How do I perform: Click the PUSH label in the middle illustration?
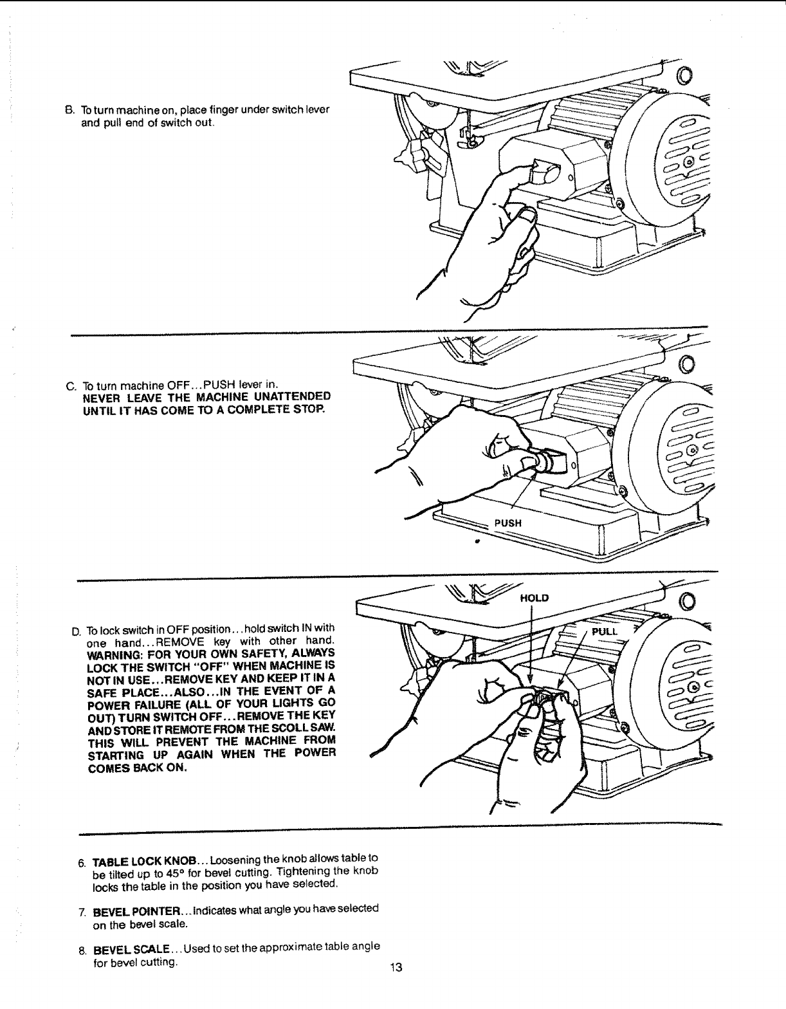point(507,523)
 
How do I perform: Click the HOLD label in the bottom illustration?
point(534,598)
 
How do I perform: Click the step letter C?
point(70,385)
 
